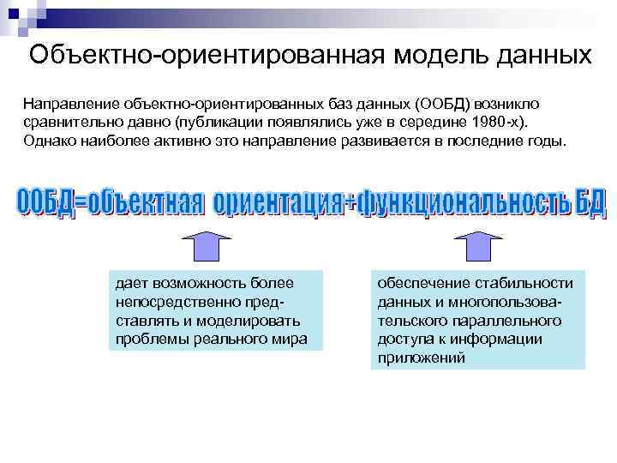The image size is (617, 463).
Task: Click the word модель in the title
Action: [x=437, y=54]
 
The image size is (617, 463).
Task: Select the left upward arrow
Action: [x=208, y=245]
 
